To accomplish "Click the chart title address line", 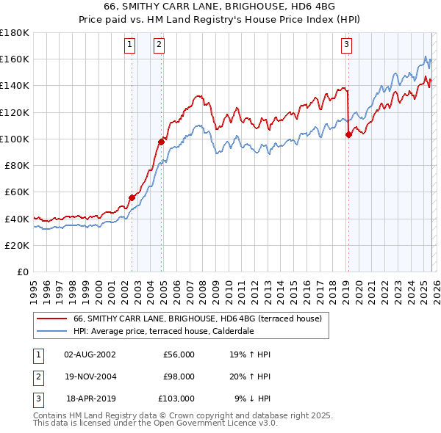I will click(x=220, y=7).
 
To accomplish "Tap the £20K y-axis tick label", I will click(x=17, y=245).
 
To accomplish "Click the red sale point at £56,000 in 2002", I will click(x=132, y=197).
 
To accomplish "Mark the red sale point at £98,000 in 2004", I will click(x=162, y=142).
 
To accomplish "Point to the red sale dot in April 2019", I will click(x=348, y=134).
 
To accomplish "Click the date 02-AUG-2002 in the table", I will click(x=90, y=354).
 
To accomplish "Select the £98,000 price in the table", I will click(x=179, y=376).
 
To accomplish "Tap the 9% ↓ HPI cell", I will click(x=252, y=399).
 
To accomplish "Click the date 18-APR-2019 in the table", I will click(x=90, y=399).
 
